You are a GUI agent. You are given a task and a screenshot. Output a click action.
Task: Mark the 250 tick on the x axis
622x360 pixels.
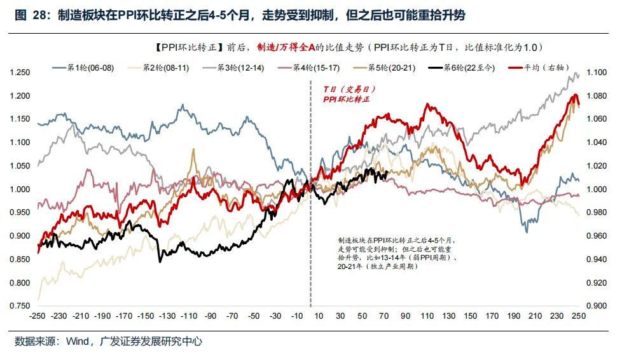pos(579,316)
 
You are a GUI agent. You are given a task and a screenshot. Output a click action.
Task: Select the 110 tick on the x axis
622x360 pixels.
pos(428,316)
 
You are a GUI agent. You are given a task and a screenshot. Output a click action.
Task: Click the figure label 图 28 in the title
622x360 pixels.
pos(30,16)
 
